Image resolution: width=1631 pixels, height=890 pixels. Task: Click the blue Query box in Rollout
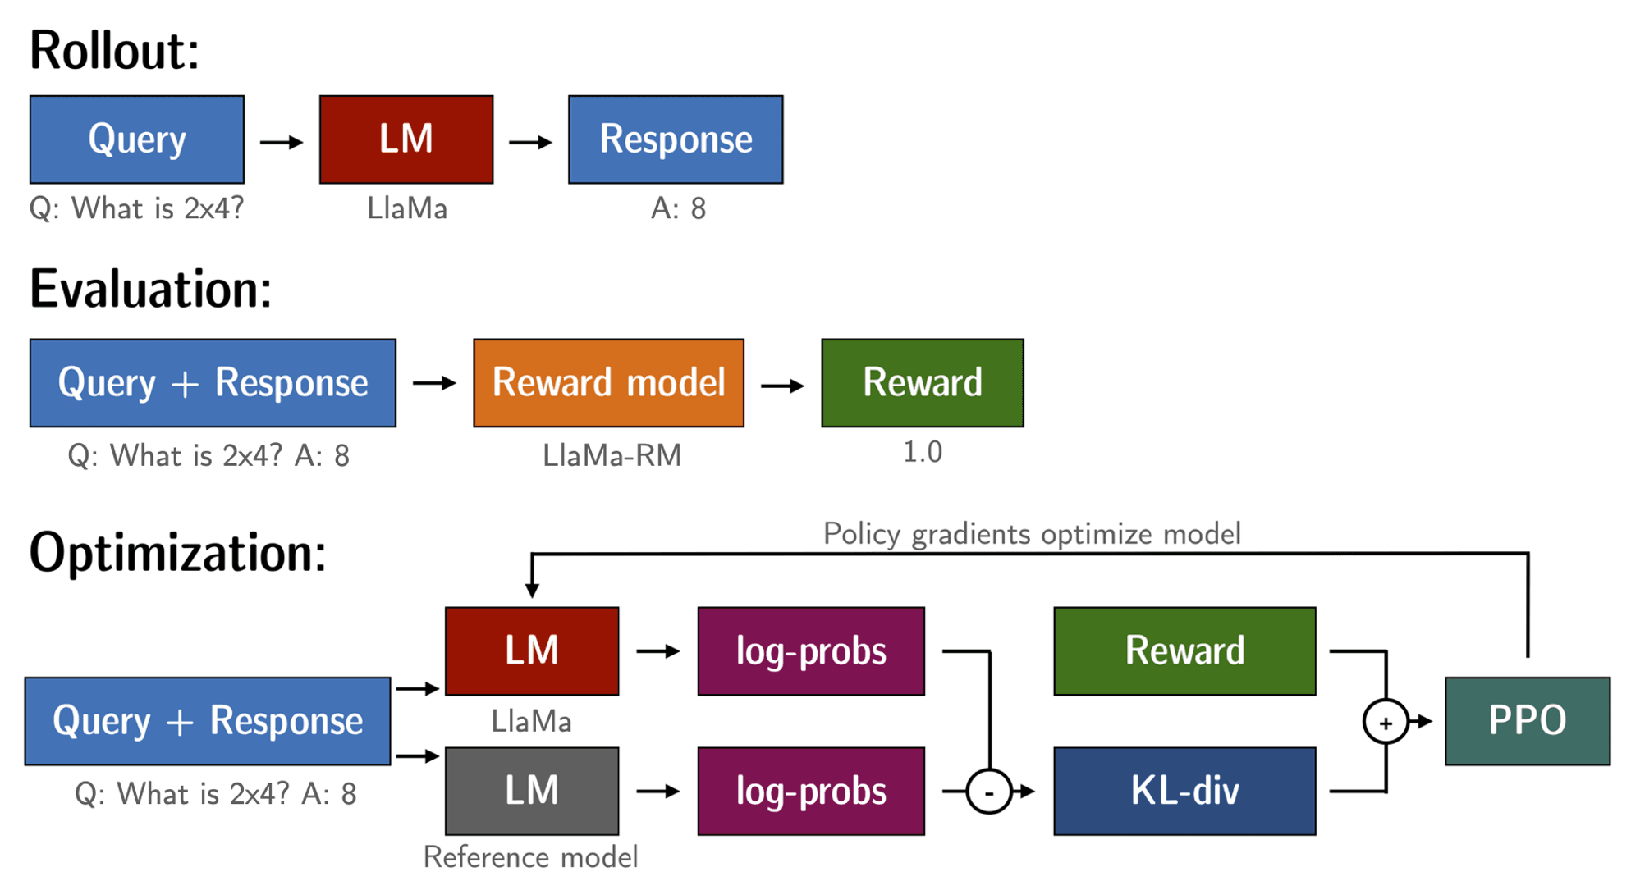coord(137,139)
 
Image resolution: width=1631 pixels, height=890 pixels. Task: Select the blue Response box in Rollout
coord(676,139)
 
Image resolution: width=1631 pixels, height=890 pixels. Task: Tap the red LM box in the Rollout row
coord(406,139)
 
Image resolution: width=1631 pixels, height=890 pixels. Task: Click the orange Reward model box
coord(609,383)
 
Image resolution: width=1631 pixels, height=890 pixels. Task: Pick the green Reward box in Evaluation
coord(923,383)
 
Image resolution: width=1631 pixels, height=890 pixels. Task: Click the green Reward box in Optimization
coord(1184,651)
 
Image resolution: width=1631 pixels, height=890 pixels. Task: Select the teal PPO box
coord(1528,721)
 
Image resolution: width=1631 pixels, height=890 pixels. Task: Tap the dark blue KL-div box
coord(1184,792)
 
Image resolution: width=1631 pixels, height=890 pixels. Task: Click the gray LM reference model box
coord(532,792)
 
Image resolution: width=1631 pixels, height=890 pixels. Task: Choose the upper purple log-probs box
coord(811,651)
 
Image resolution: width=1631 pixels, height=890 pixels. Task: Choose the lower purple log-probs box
coord(811,792)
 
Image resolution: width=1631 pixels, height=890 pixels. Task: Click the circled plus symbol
coord(1386,722)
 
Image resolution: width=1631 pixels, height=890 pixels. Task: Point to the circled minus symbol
coord(989,792)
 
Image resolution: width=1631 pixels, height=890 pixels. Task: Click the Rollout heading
coord(114,51)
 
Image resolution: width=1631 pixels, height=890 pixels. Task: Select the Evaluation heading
coord(150,290)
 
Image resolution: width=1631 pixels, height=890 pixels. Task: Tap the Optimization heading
coord(177,553)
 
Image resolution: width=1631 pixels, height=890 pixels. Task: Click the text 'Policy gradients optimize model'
coord(1032,534)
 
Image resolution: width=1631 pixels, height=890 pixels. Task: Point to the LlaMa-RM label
coord(612,455)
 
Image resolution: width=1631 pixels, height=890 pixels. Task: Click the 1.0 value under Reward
coord(923,452)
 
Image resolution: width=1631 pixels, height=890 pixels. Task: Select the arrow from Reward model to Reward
coord(783,385)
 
